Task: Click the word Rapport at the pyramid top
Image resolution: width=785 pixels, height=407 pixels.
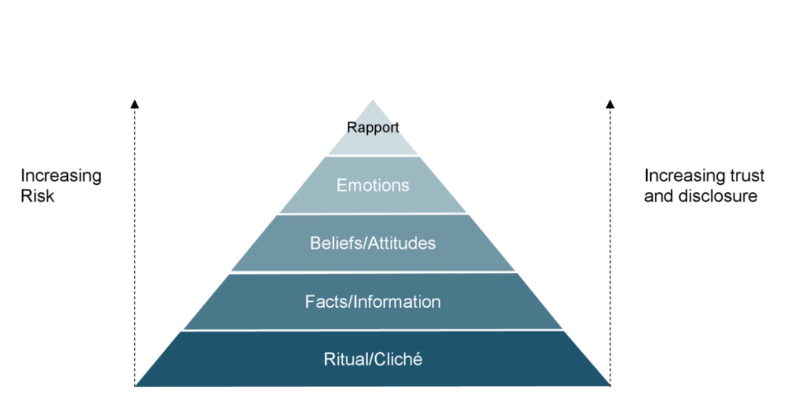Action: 373,128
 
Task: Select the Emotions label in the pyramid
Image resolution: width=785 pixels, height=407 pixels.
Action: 373,185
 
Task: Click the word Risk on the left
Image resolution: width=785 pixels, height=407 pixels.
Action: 37,196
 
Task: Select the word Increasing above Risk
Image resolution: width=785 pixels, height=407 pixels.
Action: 61,176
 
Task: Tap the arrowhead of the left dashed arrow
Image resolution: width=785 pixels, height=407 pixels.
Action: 135,104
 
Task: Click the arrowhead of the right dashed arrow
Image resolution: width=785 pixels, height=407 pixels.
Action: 610,104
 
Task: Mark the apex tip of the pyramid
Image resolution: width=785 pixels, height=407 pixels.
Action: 373,101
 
